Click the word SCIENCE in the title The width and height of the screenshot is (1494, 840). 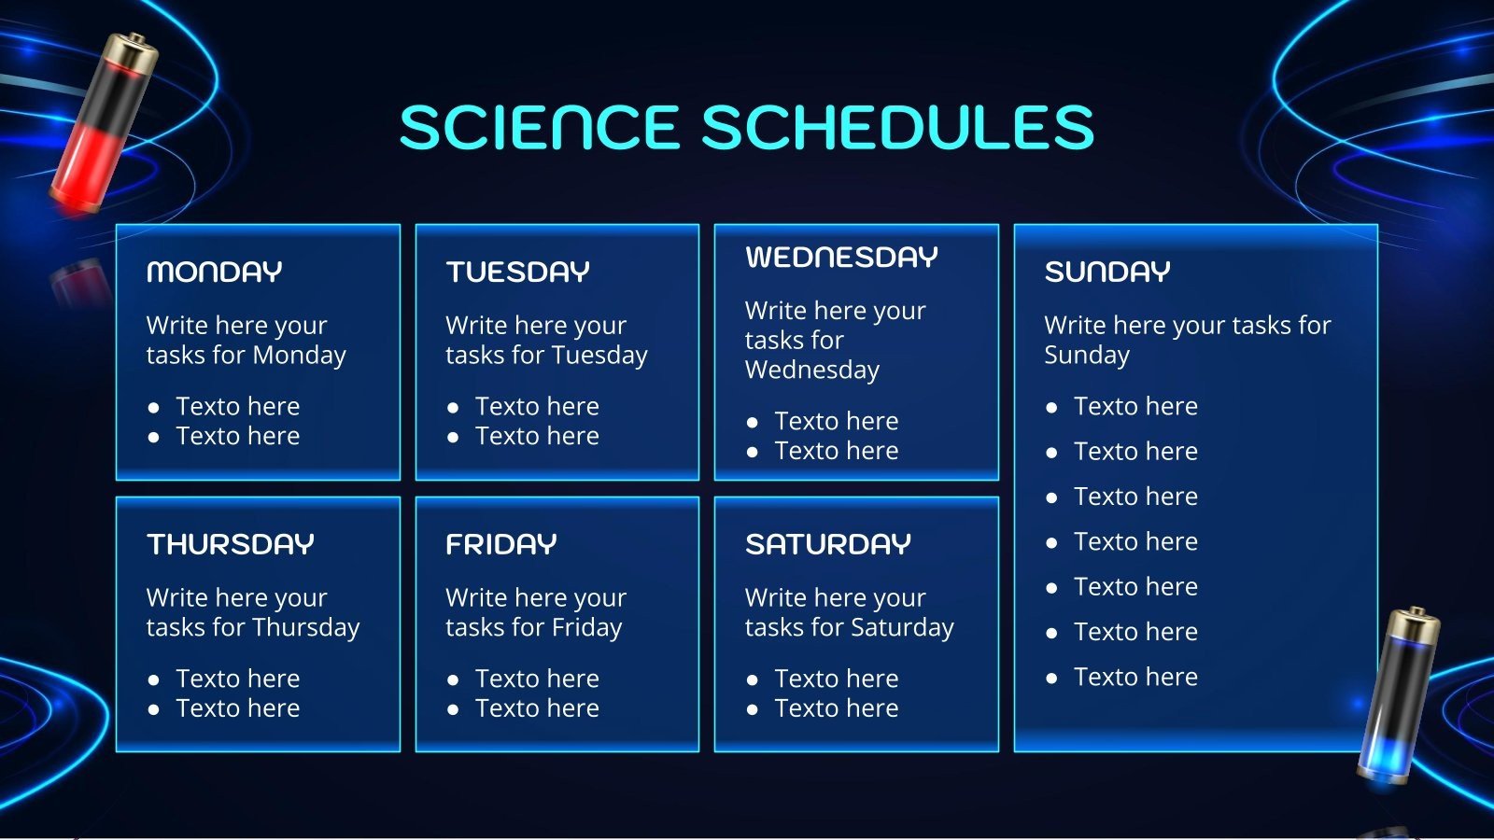[x=540, y=127]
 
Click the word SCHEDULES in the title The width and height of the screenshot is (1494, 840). [x=897, y=127]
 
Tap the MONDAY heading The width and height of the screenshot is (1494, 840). [x=214, y=272]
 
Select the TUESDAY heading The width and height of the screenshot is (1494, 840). [x=517, y=272]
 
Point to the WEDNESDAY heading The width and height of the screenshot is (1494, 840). [x=841, y=257]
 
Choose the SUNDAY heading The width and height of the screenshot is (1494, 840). [x=1107, y=272]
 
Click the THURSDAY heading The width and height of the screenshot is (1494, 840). [x=230, y=544]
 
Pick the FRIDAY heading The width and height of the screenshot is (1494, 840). [x=500, y=544]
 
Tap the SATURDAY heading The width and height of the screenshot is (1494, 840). [x=827, y=544]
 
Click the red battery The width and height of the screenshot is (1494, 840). [x=104, y=123]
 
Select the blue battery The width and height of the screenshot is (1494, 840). [x=1398, y=695]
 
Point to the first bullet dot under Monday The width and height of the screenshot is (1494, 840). [x=153, y=408]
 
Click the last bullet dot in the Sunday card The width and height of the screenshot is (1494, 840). [x=1051, y=679]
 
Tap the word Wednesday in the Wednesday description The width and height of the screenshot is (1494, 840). [x=811, y=370]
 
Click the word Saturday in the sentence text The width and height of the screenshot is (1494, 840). [x=902, y=628]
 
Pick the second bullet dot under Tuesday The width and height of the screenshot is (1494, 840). [x=453, y=438]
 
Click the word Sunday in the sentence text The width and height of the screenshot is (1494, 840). [x=1087, y=356]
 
